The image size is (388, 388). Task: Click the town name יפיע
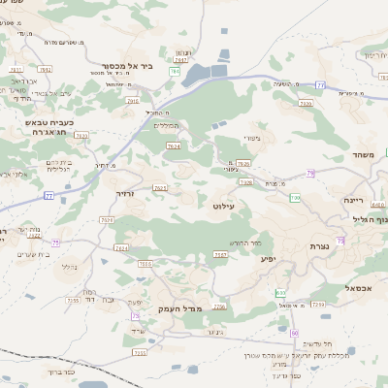point(269,259)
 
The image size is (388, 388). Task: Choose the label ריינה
point(353,200)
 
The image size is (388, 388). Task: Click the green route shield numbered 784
point(176,71)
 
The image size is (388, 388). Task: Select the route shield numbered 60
point(295,333)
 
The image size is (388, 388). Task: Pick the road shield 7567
point(220,255)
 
